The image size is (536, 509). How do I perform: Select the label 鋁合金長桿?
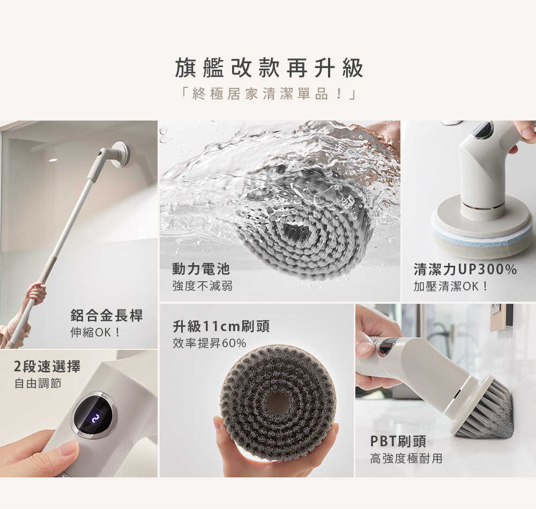tap(107, 316)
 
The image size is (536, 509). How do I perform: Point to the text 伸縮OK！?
tap(96, 332)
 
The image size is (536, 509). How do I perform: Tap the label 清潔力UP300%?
tap(465, 269)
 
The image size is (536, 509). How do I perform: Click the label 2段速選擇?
tap(47, 367)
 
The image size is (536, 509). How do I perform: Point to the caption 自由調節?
tap(38, 384)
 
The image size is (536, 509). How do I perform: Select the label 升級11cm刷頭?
tap(221, 326)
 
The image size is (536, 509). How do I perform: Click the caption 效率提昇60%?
tap(209, 343)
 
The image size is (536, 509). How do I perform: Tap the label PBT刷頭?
tap(398, 441)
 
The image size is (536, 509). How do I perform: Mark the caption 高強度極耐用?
tap(406, 459)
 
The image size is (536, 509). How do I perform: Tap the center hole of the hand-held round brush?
tap(278, 402)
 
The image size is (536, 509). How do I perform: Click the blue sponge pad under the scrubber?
tap(482, 234)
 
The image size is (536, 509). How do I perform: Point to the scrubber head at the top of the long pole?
tap(119, 154)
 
